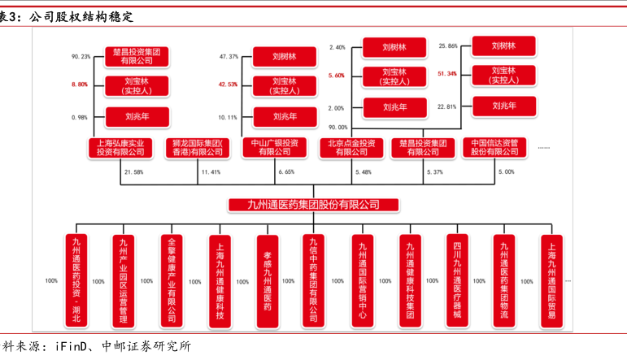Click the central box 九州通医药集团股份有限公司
point(313,205)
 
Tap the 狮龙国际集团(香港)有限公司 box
point(198,147)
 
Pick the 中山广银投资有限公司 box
point(273,147)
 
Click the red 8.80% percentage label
point(81,85)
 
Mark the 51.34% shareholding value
point(447,74)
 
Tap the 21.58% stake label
point(133,172)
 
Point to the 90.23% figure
point(81,57)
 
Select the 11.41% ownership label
point(211,172)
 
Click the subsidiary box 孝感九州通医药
point(267,280)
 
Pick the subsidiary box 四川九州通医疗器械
point(457,279)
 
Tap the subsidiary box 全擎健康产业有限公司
point(171,280)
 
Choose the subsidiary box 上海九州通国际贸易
point(552,280)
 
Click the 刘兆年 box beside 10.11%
point(273,116)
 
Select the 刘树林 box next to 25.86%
point(504,46)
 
